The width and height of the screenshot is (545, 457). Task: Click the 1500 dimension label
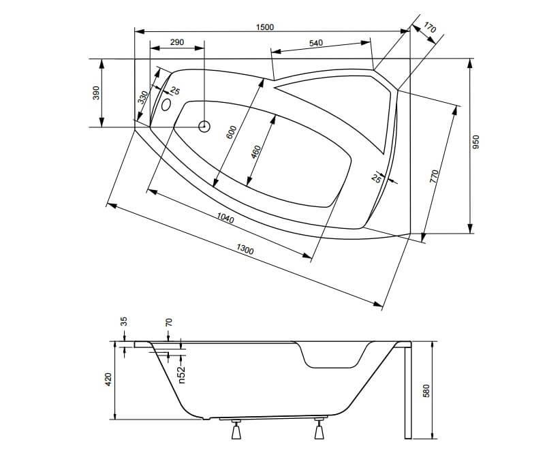click(265, 27)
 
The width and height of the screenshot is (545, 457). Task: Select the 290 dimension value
click(177, 42)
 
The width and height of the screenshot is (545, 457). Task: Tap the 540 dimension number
click(315, 43)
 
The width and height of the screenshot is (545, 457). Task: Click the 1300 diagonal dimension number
click(245, 250)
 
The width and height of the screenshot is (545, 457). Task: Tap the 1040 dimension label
click(225, 219)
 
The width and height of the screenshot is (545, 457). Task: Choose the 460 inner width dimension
click(255, 151)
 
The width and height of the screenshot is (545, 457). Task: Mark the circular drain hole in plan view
click(204, 126)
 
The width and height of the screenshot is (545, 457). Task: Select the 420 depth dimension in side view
click(108, 379)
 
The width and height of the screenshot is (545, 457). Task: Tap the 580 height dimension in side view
click(427, 390)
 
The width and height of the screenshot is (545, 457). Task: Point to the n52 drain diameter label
click(182, 374)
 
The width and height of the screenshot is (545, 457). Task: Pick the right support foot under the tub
click(319, 430)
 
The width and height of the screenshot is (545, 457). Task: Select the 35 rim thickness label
click(124, 322)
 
